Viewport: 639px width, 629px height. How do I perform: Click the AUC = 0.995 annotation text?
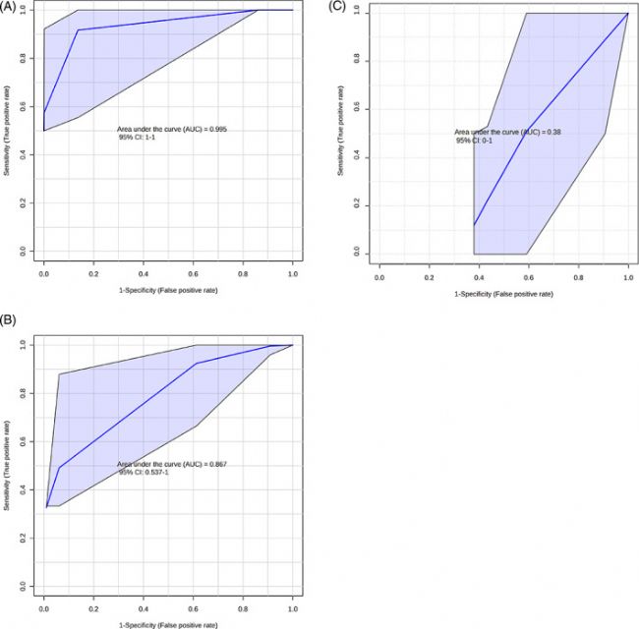(x=172, y=130)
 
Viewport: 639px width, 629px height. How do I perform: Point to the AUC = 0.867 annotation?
(x=172, y=464)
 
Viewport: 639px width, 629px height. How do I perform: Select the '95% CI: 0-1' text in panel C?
(x=476, y=141)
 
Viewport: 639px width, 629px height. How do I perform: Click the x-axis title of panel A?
(x=167, y=291)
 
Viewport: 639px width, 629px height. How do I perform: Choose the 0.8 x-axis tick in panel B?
(x=243, y=610)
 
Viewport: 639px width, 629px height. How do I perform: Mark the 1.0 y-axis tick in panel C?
(x=356, y=13)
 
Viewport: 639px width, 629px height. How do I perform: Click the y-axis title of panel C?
(x=341, y=133)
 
